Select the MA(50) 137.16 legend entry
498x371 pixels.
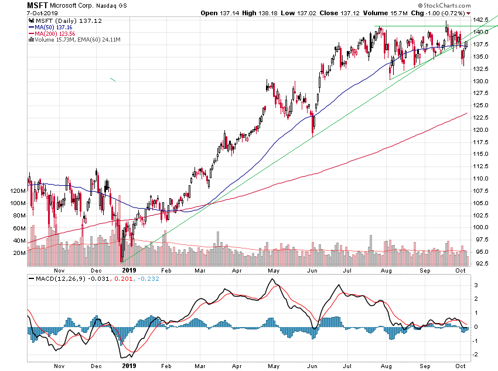point(51,27)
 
